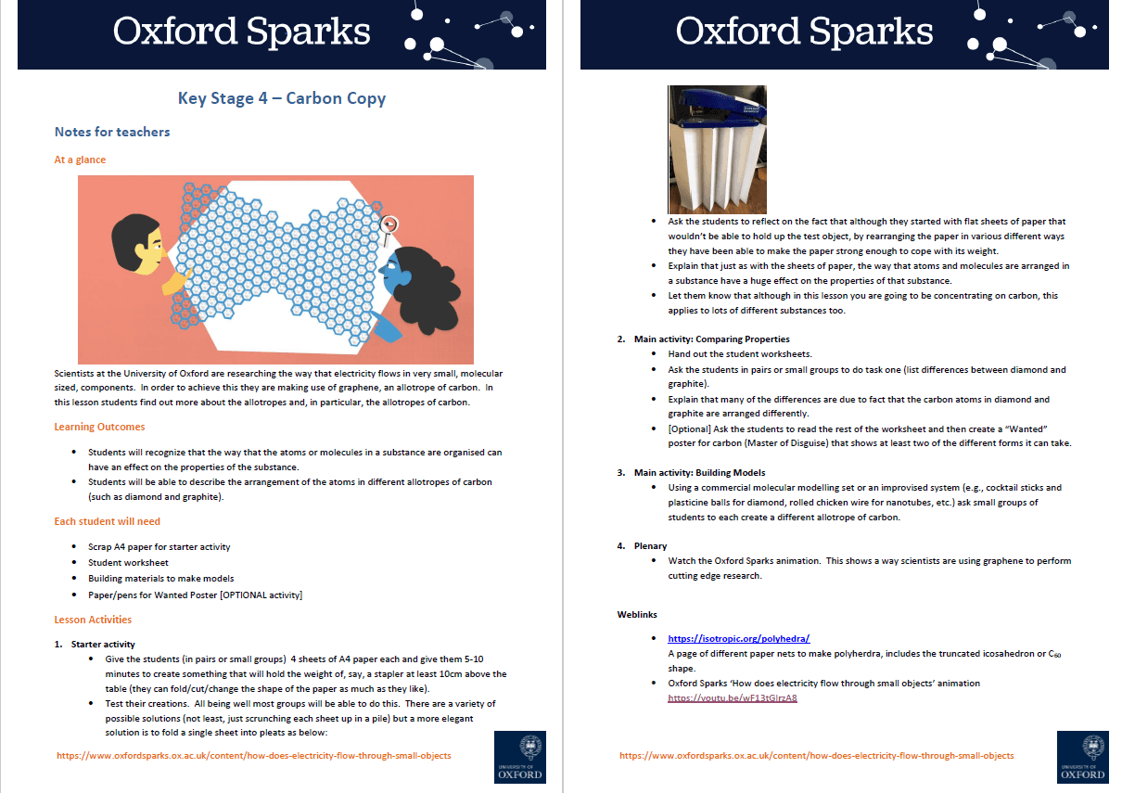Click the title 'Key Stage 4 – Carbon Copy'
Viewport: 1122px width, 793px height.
click(282, 98)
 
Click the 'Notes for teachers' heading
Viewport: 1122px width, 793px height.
click(112, 132)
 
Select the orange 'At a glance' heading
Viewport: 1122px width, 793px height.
click(80, 160)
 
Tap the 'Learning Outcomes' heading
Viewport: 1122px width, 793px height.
click(99, 427)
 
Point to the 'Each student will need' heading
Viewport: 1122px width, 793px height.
click(107, 521)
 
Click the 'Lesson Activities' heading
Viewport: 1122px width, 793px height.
click(93, 620)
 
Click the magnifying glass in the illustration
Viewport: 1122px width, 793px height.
click(390, 224)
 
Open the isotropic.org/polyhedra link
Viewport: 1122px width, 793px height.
click(739, 638)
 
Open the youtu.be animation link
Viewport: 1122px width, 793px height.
click(733, 698)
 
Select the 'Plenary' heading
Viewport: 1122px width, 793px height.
click(650, 546)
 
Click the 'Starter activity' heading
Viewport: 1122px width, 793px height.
click(102, 644)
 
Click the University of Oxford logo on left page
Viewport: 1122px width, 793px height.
click(519, 756)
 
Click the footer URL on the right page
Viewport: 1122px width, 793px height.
click(816, 756)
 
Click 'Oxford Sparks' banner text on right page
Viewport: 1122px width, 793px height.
click(804, 32)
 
